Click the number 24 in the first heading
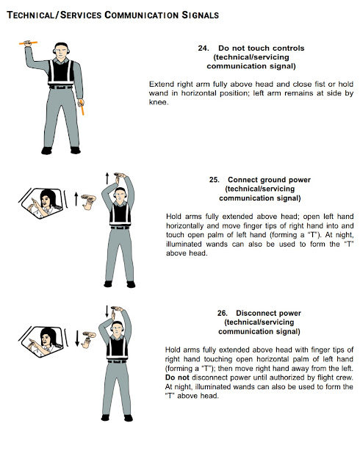click(204, 48)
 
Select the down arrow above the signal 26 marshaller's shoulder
click(106, 309)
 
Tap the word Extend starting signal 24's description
click(162, 84)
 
